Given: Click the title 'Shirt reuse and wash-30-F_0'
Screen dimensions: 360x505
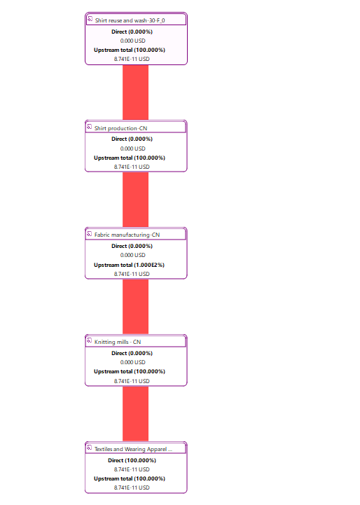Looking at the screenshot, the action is point(130,20).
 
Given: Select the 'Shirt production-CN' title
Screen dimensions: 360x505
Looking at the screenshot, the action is point(120,128).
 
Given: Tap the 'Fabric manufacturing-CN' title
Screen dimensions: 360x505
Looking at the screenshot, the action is point(127,235).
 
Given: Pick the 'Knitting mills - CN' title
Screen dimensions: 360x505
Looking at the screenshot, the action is point(118,342).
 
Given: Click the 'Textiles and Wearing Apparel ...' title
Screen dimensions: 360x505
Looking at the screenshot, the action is point(133,449).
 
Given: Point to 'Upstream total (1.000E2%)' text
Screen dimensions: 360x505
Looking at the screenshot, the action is point(129,265).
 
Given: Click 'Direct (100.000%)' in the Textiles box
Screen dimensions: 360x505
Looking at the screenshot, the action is point(132,460).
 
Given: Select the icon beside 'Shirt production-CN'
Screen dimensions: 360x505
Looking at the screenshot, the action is point(90,127).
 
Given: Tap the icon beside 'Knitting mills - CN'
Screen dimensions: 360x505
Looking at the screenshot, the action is point(90,340).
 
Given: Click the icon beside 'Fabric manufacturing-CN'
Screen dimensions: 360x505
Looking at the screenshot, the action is point(90,233).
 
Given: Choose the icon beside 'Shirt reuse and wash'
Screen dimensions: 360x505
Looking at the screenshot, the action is point(90,19).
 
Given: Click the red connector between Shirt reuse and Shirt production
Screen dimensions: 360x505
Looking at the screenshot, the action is point(136,92).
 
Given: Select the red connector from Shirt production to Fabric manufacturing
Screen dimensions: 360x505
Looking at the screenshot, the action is point(136,200).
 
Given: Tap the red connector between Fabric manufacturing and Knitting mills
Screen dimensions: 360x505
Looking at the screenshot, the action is point(136,307).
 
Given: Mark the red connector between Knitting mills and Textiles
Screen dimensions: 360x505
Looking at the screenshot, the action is point(136,414).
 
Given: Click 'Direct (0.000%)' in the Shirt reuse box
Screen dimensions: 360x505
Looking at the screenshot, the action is point(132,32).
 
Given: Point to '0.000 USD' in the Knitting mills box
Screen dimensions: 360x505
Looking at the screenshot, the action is point(132,362).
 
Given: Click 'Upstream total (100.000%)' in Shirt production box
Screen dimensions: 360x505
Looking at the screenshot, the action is point(130,158).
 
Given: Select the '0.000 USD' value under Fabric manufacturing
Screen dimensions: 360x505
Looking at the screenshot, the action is point(132,255).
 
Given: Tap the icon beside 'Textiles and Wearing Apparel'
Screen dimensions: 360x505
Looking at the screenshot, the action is point(90,448).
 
